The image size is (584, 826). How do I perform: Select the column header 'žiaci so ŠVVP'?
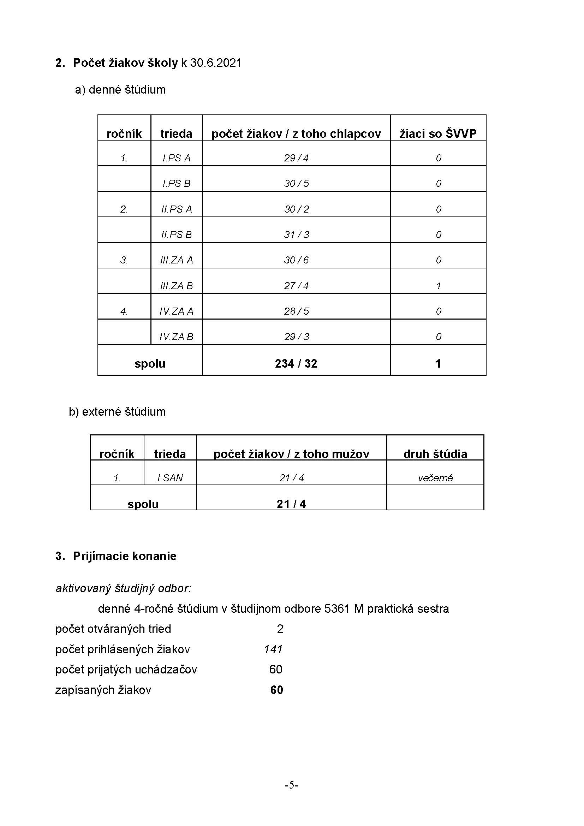pos(438,133)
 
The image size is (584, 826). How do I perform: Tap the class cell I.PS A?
pos(176,158)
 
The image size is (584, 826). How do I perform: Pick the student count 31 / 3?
pos(296,234)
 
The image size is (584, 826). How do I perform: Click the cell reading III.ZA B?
pos(176,286)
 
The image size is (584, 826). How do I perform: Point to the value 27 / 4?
pos(296,286)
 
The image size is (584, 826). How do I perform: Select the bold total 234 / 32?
pos(296,363)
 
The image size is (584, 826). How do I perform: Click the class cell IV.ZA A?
pos(176,311)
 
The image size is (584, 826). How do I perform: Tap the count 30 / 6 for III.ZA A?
pos(296,260)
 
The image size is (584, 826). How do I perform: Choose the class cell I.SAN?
pos(170,478)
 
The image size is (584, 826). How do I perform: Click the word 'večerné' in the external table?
pos(435,478)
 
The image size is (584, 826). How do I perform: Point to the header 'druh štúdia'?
pos(435,454)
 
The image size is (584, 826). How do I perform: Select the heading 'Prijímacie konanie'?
pos(124,556)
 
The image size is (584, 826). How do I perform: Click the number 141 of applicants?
pos(273,649)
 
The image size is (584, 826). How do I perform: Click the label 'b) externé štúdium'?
pos(117,411)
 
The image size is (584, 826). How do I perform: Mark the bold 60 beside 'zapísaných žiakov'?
pos(276,690)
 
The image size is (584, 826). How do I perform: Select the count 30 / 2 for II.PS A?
pos(296,209)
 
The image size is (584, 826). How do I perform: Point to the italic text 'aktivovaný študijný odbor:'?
pos(123,588)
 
